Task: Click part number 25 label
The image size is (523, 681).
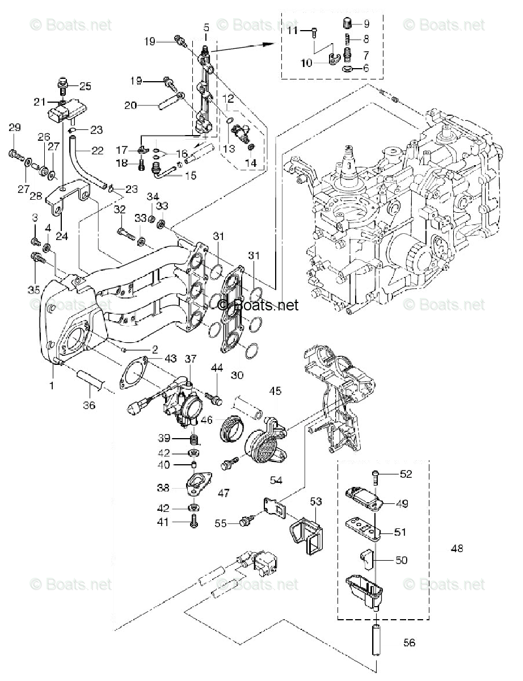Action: [85, 86]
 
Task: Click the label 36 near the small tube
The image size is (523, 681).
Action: [90, 405]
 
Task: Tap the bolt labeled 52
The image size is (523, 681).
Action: [375, 474]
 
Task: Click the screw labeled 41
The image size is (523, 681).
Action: [195, 521]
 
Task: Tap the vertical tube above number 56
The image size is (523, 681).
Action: [375, 639]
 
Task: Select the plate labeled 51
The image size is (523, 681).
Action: [362, 528]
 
